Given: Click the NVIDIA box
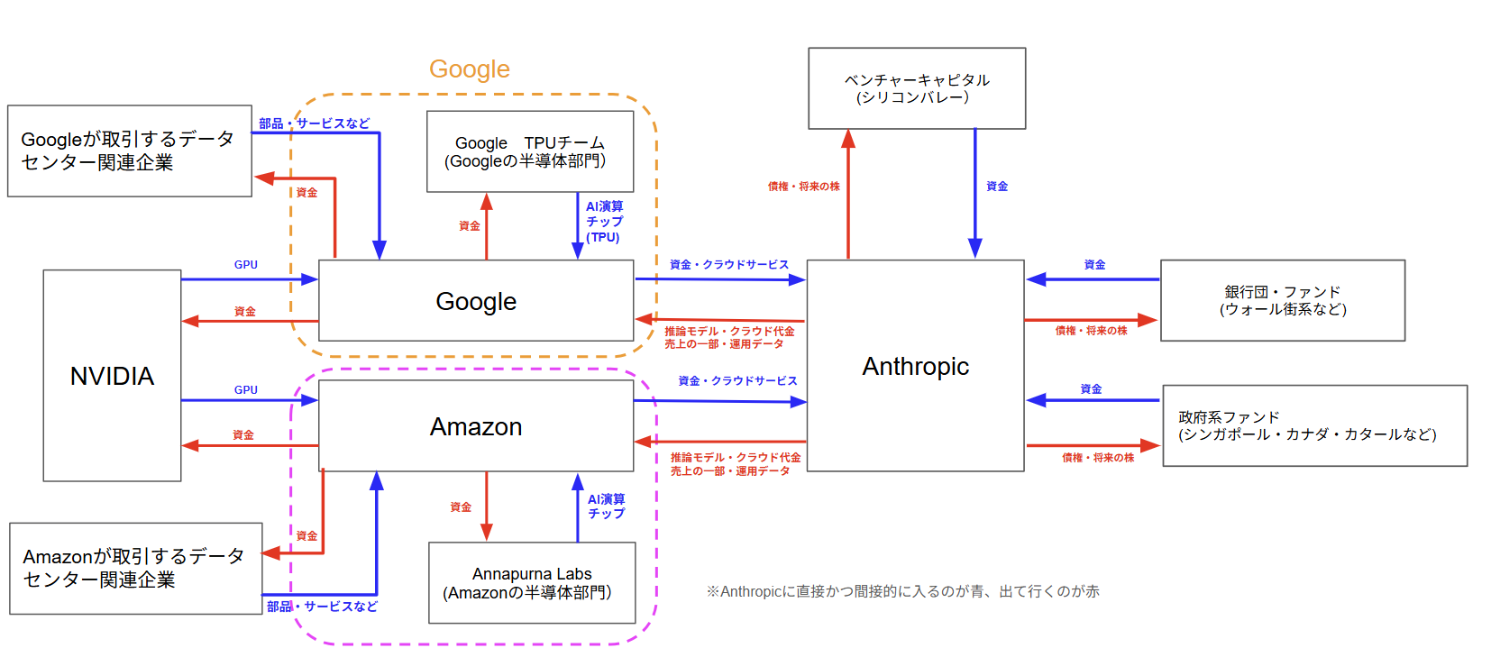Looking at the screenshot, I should coord(112,376).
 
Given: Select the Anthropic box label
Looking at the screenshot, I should coord(915,367).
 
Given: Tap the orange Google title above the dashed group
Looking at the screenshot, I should coord(469,69).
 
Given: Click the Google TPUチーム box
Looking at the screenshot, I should coord(529,151).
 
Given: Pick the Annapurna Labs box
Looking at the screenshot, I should coord(531,583).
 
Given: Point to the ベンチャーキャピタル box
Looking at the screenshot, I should coord(916,88).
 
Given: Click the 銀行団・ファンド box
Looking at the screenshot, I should coord(1282,300).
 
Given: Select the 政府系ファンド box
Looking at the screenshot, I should coord(1314,425).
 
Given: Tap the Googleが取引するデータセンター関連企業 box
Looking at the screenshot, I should coord(129,151).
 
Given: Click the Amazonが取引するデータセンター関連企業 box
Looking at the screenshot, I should coord(135,568).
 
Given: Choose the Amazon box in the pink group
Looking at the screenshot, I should coord(476,426).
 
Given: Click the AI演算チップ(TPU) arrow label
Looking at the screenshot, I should coord(604,222).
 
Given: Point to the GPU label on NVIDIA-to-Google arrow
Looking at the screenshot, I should coord(246,265).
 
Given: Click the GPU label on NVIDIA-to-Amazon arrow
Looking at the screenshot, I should coord(246,390).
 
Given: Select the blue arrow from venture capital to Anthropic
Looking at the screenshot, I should coord(974,194).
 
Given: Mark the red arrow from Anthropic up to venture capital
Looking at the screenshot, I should coord(848,194).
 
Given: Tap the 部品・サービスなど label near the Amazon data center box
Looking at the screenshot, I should coord(322,607).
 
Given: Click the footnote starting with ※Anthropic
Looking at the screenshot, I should coord(902,591).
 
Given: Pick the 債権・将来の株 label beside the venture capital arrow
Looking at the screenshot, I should coord(803,187).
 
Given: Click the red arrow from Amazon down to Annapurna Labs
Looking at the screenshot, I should coord(487,505).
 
